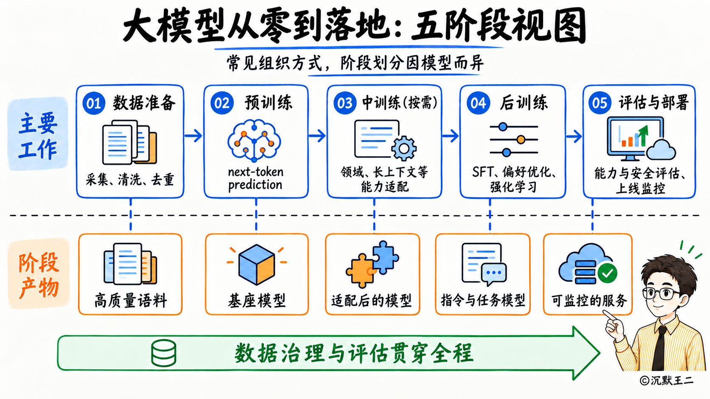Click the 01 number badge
pyautogui.click(x=94, y=103)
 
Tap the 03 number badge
pyautogui.click(x=345, y=103)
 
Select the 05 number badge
pyautogui.click(x=600, y=103)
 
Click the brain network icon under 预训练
pyautogui.click(x=254, y=141)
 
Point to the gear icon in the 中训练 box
pyautogui.click(x=404, y=148)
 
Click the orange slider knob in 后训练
pyautogui.click(x=521, y=140)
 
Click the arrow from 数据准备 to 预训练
pyautogui.click(x=193, y=135)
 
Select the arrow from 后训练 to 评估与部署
pyautogui.click(x=574, y=137)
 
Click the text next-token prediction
pyautogui.click(x=256, y=178)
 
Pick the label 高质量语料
pyautogui.click(x=131, y=300)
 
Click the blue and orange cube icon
pyautogui.click(x=256, y=265)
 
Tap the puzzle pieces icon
pyautogui.click(x=372, y=264)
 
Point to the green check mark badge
pyautogui.click(x=607, y=273)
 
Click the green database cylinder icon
pyautogui.click(x=163, y=353)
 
